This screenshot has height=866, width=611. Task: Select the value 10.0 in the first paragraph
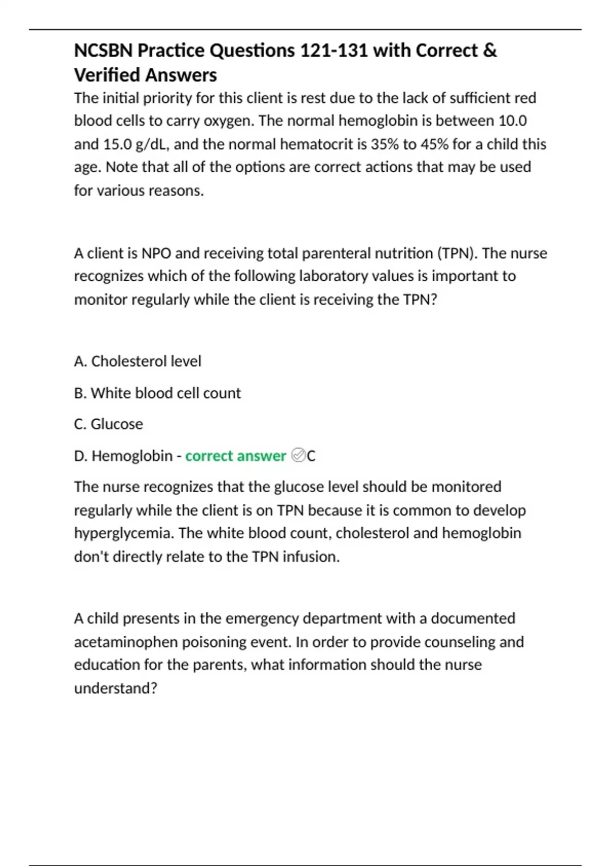[x=513, y=121]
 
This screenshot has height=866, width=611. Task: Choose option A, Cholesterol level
[x=137, y=361]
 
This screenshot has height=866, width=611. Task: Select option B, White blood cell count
[x=157, y=393]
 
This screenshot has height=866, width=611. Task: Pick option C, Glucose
[x=108, y=424]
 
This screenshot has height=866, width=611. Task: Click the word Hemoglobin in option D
[x=132, y=455]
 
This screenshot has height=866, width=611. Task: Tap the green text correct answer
[x=235, y=455]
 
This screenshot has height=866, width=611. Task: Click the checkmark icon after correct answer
[x=298, y=455]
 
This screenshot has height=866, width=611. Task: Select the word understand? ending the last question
[x=116, y=688]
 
